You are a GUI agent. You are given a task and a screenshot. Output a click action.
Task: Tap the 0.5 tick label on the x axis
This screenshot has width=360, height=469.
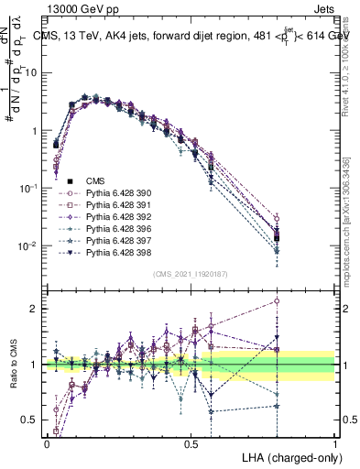pos(191,443)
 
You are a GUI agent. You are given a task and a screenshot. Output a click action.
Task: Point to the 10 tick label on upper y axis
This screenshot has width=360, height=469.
pos(33,72)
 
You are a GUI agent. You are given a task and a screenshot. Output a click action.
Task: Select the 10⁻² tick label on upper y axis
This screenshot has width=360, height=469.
pos(29,245)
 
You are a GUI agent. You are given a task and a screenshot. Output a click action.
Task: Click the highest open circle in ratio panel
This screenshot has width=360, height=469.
pos(278,300)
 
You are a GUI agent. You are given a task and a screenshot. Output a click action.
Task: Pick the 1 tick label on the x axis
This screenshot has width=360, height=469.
pos(334,443)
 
